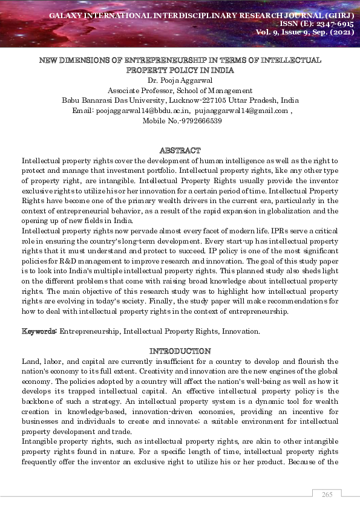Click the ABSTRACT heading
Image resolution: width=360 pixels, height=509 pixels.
180,150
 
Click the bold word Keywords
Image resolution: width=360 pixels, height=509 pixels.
39,331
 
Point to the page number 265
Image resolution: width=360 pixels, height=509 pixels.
327,494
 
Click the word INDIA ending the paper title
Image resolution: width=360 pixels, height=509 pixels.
220,70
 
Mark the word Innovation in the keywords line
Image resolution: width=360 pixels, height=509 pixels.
240,331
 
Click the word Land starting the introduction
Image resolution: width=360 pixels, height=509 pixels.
30,361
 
